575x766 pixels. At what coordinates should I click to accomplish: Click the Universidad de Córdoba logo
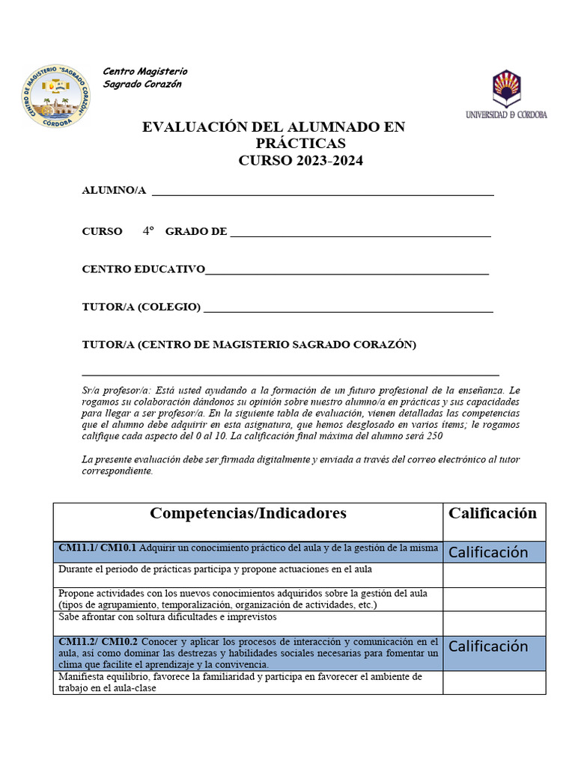pos(506,94)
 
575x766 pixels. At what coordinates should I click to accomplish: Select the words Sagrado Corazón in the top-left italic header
pos(142,85)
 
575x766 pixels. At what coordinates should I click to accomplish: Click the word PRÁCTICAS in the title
pos(301,144)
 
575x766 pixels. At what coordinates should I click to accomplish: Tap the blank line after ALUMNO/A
pos(322,192)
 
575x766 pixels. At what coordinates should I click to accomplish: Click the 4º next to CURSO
pos(147,231)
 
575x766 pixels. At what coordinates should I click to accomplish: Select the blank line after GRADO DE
pos(360,233)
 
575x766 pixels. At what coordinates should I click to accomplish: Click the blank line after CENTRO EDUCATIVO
pos(347,272)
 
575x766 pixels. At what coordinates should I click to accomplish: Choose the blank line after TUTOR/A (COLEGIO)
pos(348,309)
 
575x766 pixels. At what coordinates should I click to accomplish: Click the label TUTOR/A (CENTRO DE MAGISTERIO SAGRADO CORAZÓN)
pos(249,345)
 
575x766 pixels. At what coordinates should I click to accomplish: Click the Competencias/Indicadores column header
pos(248,513)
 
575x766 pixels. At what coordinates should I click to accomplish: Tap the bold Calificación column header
pos(493,513)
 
